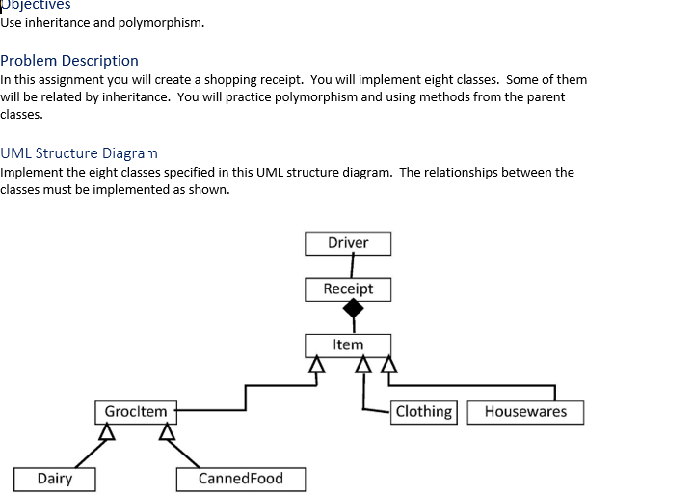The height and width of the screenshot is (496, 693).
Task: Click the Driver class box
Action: click(x=348, y=243)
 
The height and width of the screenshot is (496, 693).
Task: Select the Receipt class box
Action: click(x=348, y=289)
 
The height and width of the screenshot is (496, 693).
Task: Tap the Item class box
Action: click(x=348, y=344)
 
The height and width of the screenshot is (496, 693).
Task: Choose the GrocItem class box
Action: click(x=135, y=412)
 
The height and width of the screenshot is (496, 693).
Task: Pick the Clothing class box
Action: click(x=423, y=412)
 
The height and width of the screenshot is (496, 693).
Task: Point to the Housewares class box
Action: click(x=525, y=412)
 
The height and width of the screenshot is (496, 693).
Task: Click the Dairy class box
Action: click(x=54, y=479)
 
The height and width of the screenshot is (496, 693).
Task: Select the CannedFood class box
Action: click(x=241, y=479)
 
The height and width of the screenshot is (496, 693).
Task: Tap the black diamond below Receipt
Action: click(x=354, y=309)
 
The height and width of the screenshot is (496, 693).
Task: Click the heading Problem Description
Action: click(x=69, y=61)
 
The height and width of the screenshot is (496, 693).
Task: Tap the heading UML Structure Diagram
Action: click(x=79, y=153)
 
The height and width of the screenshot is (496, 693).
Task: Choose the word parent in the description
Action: click(x=546, y=97)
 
